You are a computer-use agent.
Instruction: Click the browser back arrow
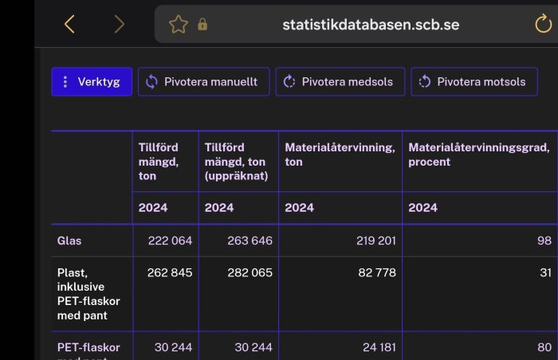tap(69, 24)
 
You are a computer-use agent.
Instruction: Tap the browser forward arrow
tap(120, 24)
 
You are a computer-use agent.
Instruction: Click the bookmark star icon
tap(179, 24)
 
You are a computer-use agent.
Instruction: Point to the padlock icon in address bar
tap(202, 24)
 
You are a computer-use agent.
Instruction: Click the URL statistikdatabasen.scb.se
tap(371, 25)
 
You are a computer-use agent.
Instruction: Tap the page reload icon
tap(544, 23)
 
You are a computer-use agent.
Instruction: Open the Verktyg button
tap(92, 82)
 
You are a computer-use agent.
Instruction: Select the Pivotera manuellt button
tap(203, 82)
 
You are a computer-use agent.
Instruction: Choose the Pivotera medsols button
tap(340, 82)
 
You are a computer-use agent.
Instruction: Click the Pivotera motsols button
tap(474, 82)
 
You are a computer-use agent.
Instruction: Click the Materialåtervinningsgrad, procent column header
tap(478, 155)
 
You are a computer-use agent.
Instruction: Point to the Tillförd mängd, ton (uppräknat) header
tap(236, 162)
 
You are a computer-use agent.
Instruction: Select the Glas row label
tap(69, 241)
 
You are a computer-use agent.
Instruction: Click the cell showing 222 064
tap(170, 241)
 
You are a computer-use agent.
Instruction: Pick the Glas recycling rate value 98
tap(544, 241)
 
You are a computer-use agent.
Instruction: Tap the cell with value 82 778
tap(377, 273)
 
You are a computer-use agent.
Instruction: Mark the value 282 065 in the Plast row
tap(250, 273)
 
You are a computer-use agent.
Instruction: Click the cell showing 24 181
tap(379, 347)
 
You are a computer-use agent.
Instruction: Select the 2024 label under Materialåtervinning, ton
tap(299, 208)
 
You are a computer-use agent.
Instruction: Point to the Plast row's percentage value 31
tap(546, 273)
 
